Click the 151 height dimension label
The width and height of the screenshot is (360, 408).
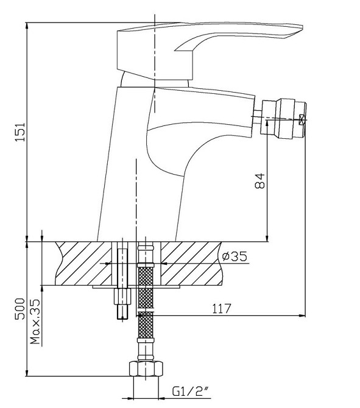pos(20,132)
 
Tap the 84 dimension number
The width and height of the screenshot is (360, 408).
pos(259,181)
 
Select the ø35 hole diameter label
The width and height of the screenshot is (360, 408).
pos(235,256)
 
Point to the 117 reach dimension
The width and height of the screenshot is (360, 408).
pos(222,309)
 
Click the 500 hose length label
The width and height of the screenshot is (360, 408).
pos(20,309)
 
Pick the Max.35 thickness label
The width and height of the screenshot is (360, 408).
pos(35,322)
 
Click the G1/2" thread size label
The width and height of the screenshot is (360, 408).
pos(191,392)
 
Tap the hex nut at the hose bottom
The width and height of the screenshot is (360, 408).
pos(146,368)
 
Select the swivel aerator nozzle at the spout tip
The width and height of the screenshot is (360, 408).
pos(285,118)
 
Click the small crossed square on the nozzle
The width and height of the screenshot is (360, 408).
pos(302,120)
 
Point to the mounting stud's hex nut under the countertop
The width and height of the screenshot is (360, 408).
pos(122,296)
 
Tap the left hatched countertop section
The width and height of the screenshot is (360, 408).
pos(83,263)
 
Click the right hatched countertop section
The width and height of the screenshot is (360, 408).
pos(192,263)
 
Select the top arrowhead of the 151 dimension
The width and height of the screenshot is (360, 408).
pos(27,27)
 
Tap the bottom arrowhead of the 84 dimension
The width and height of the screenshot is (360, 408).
pos(267,238)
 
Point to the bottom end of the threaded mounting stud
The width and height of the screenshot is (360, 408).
pos(122,319)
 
